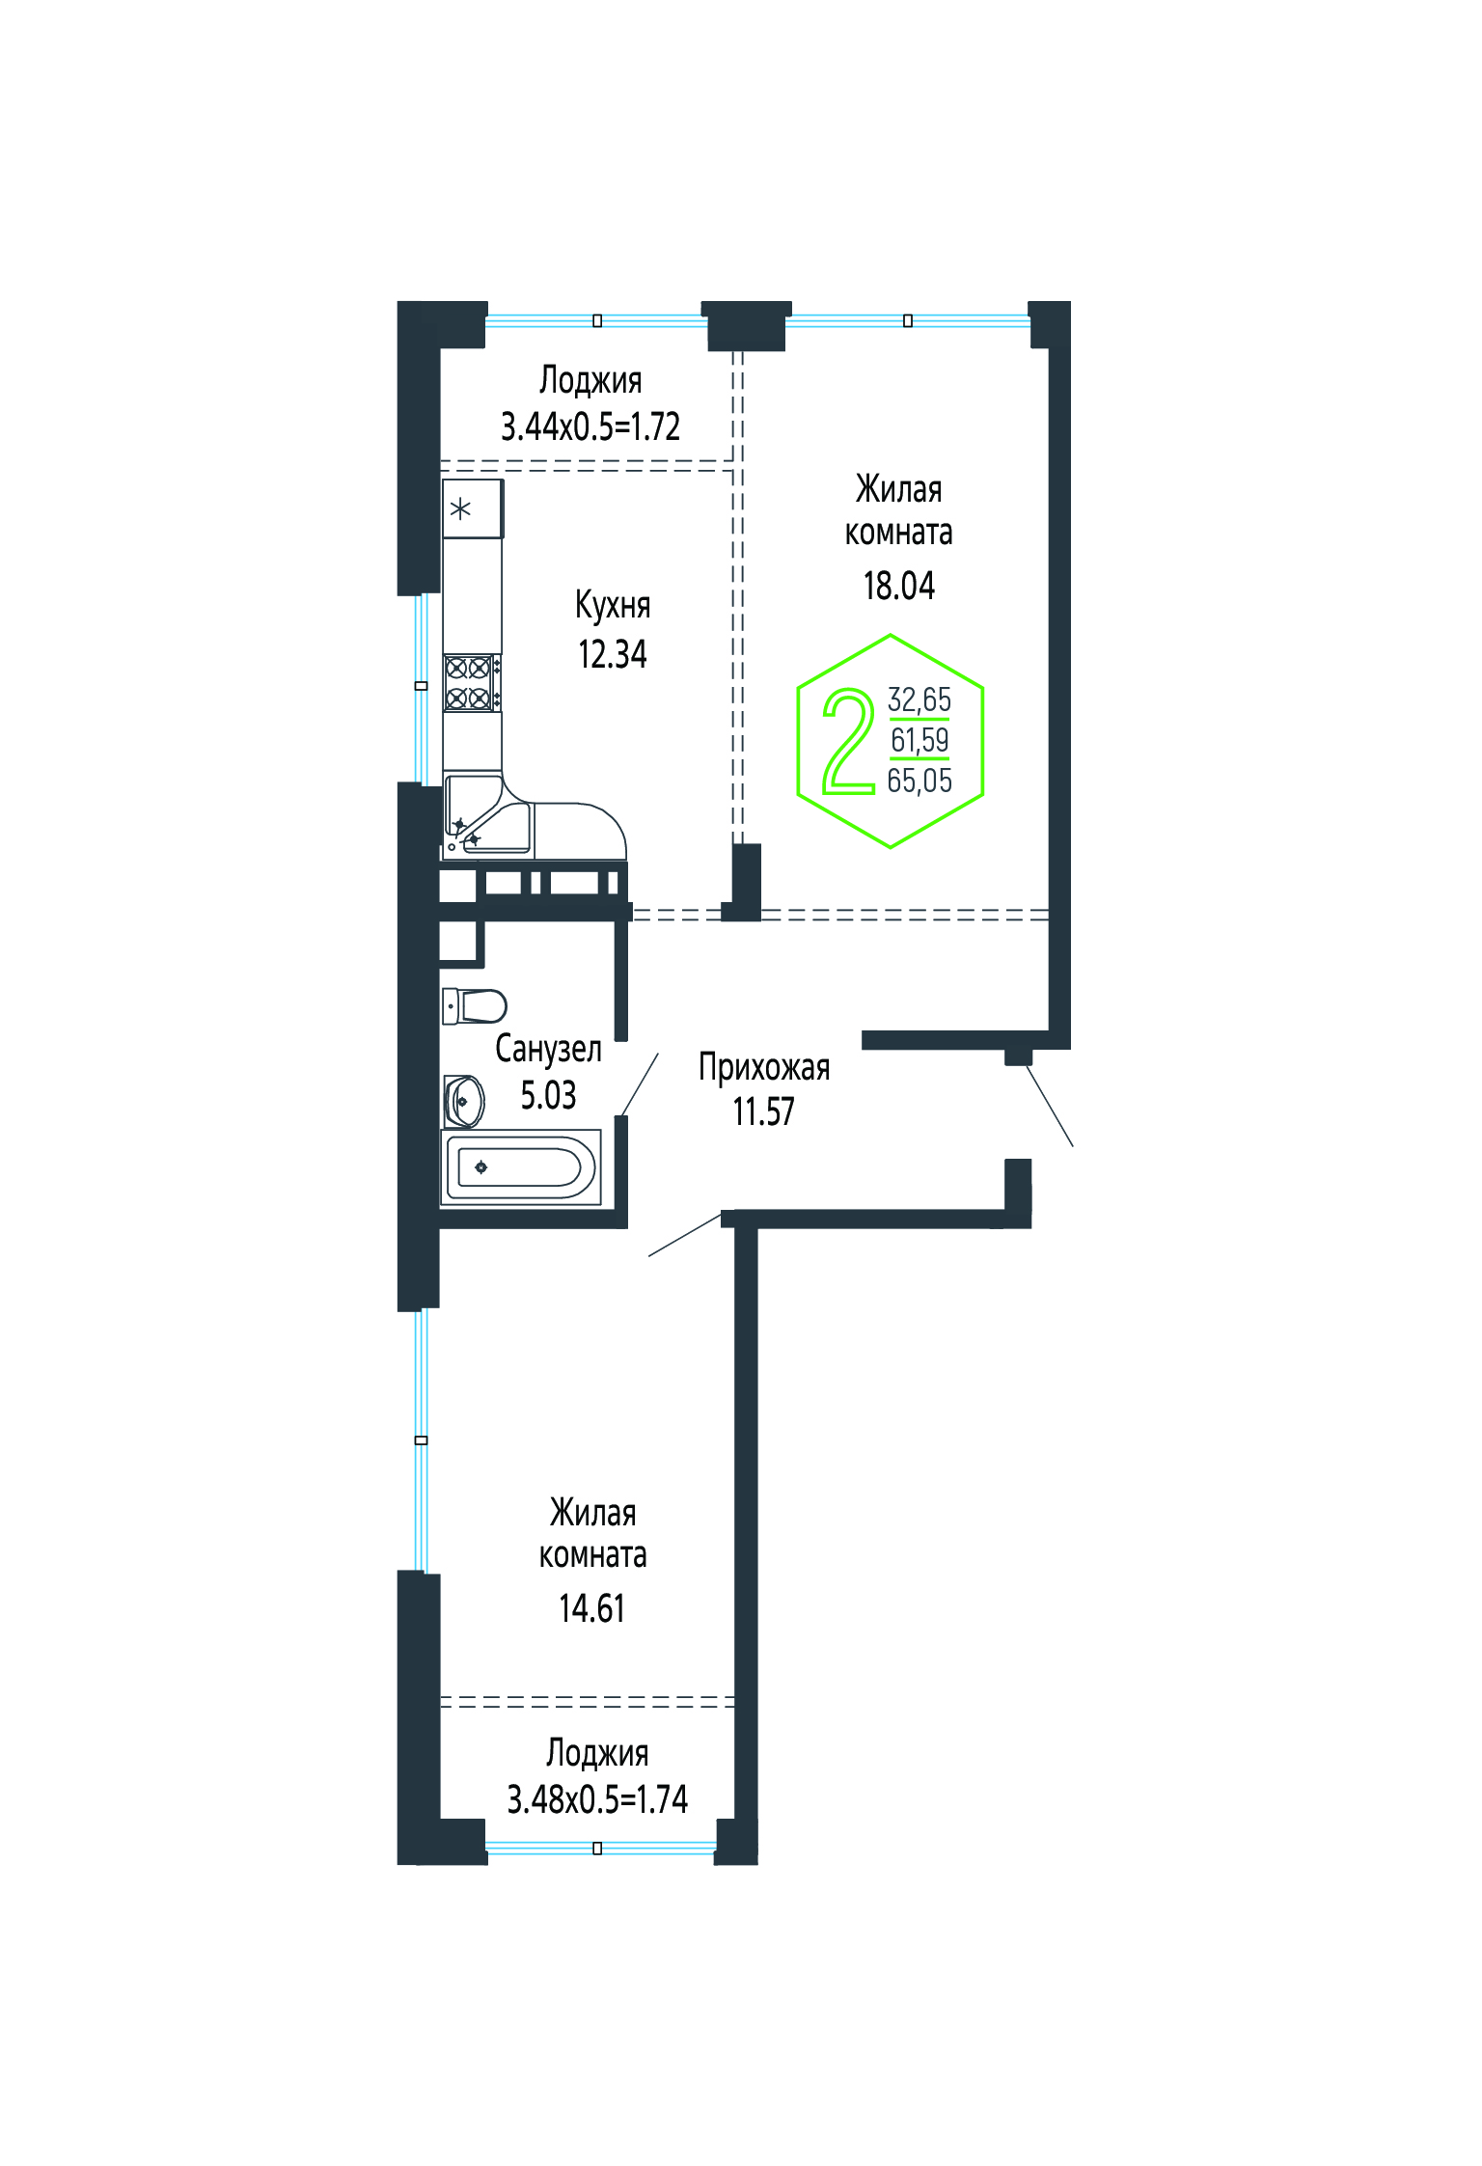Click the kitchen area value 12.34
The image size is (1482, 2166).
[612, 654]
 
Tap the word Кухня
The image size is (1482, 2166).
[613, 605]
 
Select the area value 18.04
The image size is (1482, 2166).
[898, 586]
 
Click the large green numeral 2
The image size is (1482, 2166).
[848, 741]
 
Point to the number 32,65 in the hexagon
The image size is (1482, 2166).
[919, 699]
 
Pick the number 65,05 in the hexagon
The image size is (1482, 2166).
[919, 781]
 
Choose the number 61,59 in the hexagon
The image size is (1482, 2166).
[919, 740]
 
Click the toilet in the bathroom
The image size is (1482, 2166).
[474, 1006]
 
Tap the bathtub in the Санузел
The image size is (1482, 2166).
[521, 1167]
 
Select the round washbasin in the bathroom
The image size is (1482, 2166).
[463, 1101]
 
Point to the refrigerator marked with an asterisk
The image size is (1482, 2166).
[473, 508]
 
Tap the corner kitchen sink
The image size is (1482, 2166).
[488, 818]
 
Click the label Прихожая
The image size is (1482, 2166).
[764, 1068]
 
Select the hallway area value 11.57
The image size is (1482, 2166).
[763, 1111]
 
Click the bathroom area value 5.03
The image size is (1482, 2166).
[548, 1095]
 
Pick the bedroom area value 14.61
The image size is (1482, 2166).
[591, 1608]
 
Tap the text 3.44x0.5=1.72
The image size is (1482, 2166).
[590, 425]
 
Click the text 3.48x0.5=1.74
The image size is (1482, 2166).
[597, 1798]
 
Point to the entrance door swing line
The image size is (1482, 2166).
[1050, 1106]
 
